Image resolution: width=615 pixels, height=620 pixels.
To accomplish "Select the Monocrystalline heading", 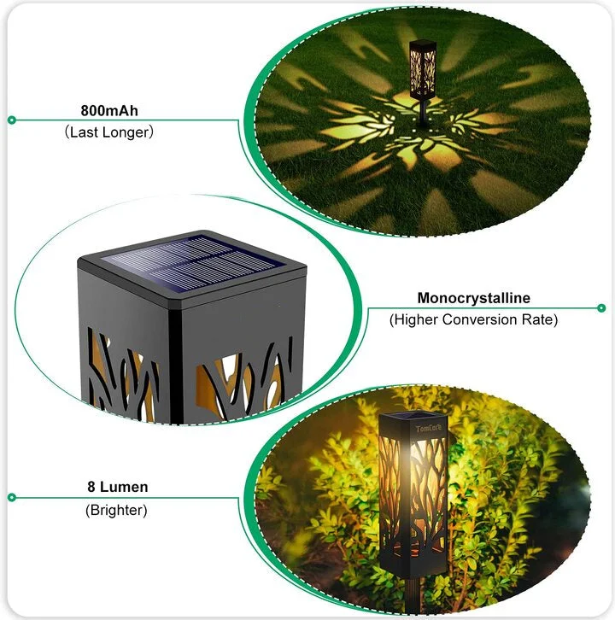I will coord(473,298).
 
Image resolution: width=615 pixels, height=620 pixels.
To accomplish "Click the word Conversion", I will coord(484,319).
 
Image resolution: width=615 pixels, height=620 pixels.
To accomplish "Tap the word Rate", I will coord(538,319).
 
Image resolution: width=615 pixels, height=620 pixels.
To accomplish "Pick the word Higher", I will coord(417,319).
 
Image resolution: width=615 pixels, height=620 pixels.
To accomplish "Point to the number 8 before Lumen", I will coord(91,488).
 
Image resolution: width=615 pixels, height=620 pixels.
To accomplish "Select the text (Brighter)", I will coord(116,510).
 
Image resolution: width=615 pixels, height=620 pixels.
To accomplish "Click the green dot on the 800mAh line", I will coord(11,120).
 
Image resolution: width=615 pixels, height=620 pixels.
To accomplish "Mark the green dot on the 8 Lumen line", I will coord(11,497).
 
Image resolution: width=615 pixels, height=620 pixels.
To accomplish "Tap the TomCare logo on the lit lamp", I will coord(425,428).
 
